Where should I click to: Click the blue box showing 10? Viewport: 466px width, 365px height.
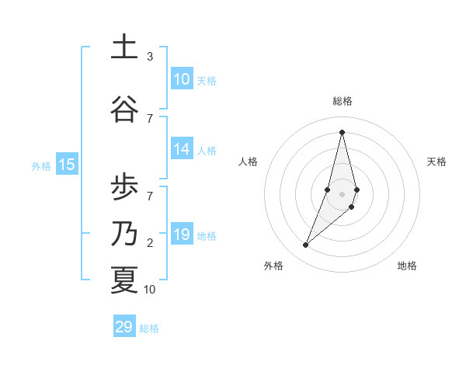[x=182, y=79]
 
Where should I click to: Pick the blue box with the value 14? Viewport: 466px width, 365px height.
[x=182, y=150]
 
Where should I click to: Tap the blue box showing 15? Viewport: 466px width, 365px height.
[x=67, y=164]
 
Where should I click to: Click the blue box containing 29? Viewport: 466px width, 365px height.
[x=124, y=327]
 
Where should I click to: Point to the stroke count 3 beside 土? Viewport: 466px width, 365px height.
[x=150, y=57]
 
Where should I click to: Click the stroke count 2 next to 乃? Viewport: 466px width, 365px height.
[x=150, y=243]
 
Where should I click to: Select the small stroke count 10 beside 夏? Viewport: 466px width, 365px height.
[x=150, y=290]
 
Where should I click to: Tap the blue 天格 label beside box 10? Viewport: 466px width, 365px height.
[x=207, y=80]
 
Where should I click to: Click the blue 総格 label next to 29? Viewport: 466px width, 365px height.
[x=149, y=328]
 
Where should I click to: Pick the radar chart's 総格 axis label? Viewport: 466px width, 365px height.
[x=343, y=101]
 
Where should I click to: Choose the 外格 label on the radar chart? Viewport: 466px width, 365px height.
[x=273, y=266]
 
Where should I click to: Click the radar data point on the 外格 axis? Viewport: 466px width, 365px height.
[x=306, y=245]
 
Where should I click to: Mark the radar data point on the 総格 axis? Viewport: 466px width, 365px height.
[x=342, y=132]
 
